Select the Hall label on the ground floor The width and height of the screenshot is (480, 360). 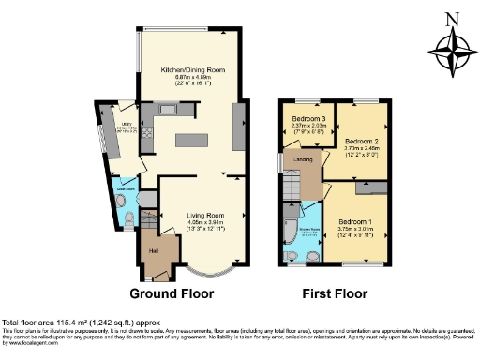click(x=152, y=250)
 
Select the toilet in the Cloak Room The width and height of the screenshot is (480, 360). click(x=127, y=221)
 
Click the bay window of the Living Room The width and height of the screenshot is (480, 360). click(x=198, y=272)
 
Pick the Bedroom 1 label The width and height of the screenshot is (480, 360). click(x=356, y=222)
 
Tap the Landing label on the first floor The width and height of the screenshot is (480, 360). click(x=303, y=160)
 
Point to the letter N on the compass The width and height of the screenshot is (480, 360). click(x=452, y=17)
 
